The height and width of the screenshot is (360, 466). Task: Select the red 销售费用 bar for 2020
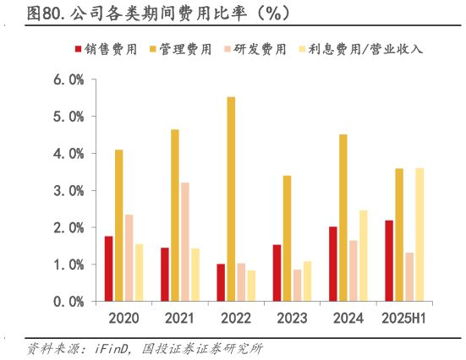coord(109,269)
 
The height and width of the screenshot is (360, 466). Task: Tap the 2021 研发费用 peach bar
coord(184,242)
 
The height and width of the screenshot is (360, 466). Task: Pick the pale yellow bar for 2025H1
coord(419,234)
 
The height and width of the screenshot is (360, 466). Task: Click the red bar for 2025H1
coord(388,260)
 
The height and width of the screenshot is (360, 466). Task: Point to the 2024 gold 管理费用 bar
coord(343,217)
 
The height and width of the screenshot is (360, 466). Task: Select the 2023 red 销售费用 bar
coord(277,273)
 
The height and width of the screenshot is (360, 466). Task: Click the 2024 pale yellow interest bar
coord(364,255)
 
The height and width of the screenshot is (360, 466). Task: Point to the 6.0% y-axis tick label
coord(67,79)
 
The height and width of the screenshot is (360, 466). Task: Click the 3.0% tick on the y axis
coord(67,190)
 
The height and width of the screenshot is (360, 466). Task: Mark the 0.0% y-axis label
coord(67,301)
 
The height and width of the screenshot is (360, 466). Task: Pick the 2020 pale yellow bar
coord(140,273)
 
